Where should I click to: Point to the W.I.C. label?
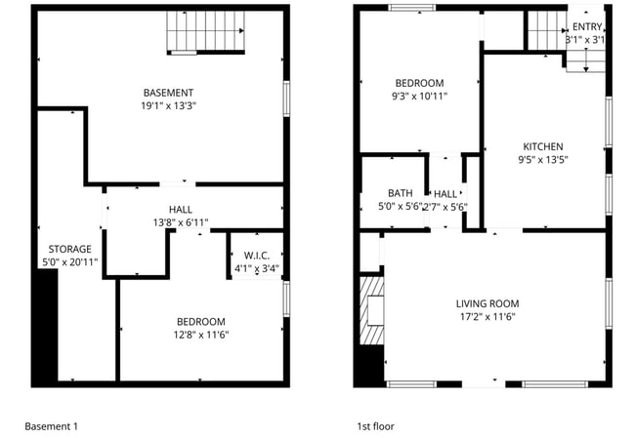(257, 255)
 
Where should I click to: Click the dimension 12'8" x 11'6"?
(200, 336)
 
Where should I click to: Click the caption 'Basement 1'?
(51, 426)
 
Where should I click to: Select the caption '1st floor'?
(376, 426)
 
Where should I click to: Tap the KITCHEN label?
(543, 145)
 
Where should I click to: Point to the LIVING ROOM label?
(487, 303)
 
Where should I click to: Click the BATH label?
(400, 193)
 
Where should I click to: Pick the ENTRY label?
(587, 26)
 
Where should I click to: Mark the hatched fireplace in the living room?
(371, 312)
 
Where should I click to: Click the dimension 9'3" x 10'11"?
(419, 97)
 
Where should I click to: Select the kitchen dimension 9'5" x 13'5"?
(543, 159)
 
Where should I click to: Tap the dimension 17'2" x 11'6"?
(487, 317)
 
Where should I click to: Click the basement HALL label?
(181, 210)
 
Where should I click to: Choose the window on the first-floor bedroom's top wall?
(411, 9)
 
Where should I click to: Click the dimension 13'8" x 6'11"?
(181, 223)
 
